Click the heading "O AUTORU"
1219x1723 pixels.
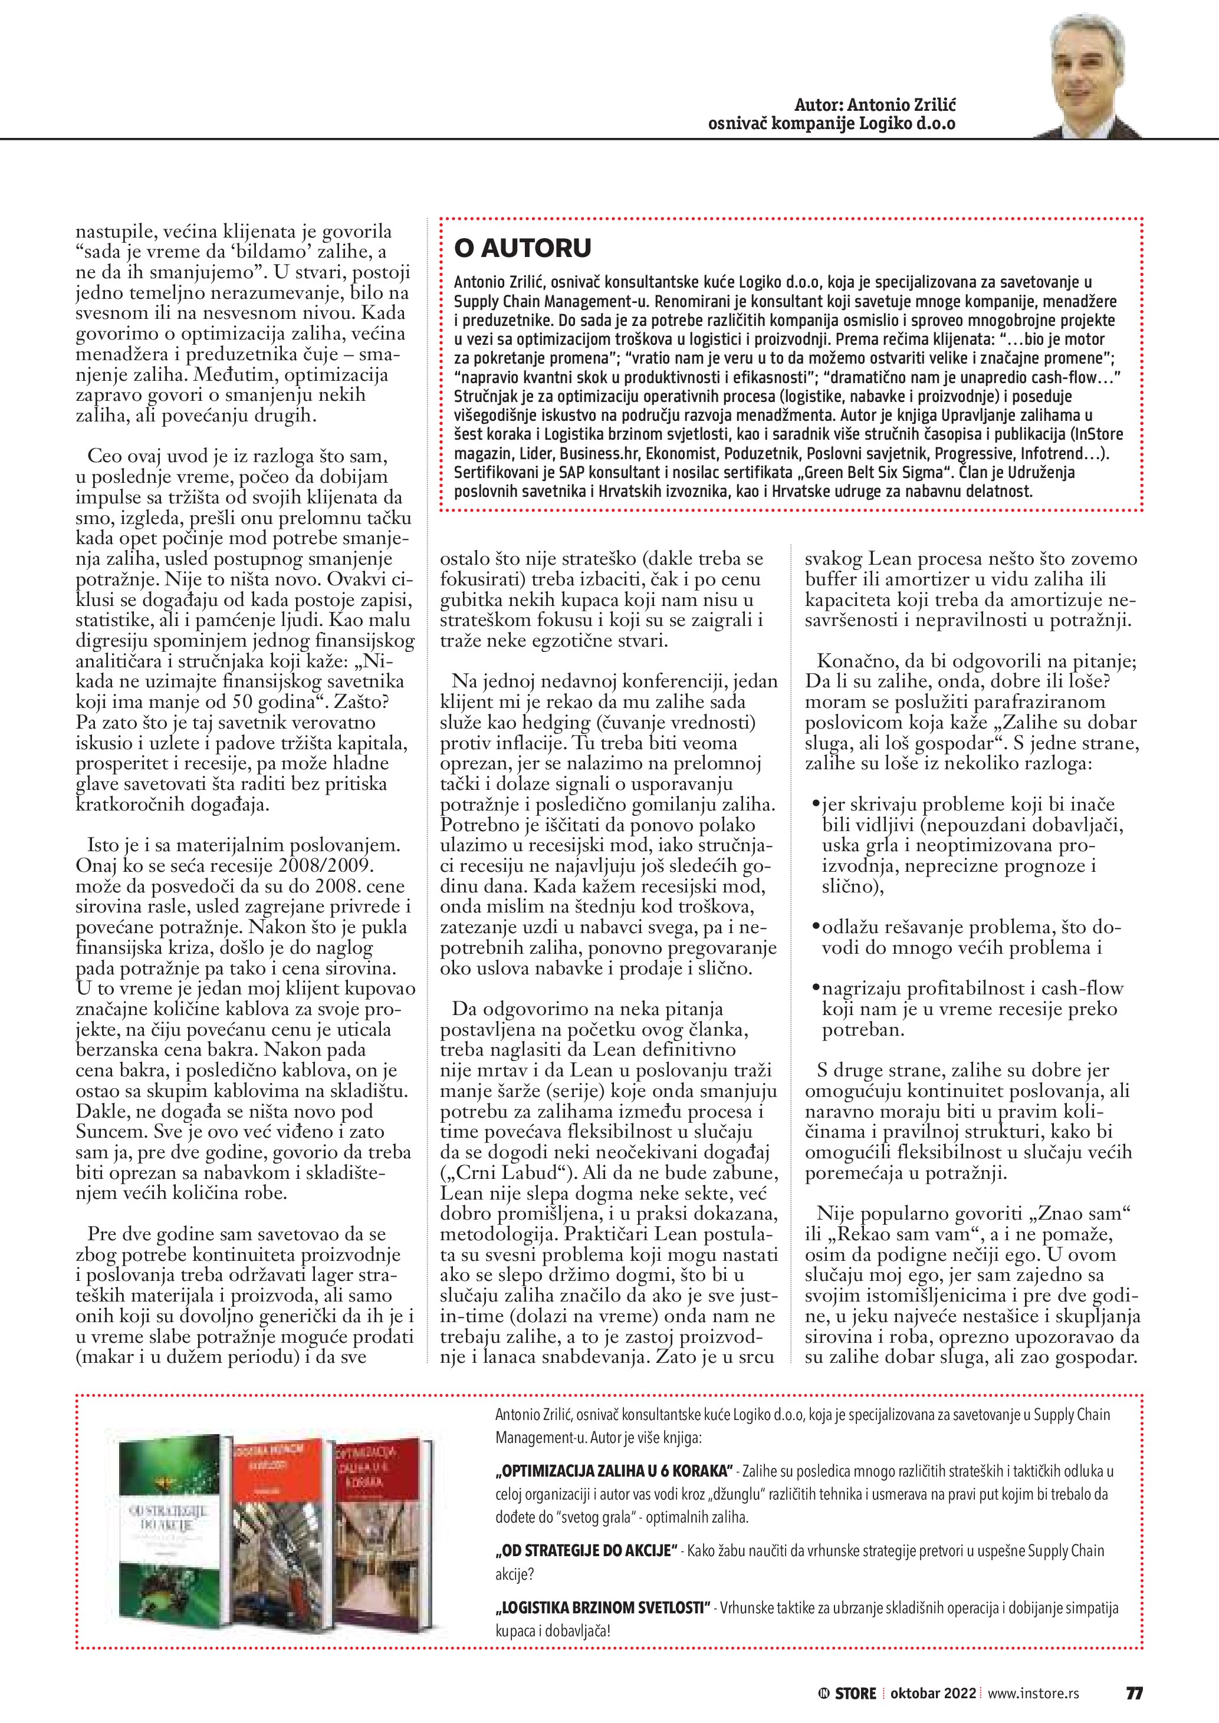523,248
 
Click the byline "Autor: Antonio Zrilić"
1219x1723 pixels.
875,105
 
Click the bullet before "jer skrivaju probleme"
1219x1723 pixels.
816,805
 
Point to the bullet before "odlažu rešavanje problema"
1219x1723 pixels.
816,928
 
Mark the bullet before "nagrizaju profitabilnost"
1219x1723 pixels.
816,989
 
